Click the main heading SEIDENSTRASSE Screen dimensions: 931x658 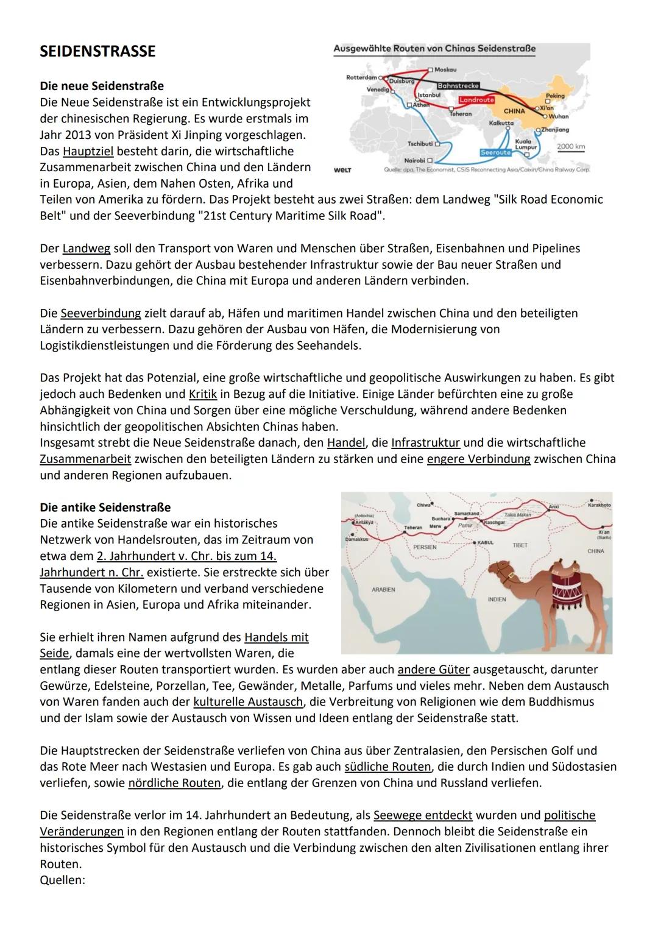[x=97, y=51]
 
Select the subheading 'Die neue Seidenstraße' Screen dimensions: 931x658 [x=102, y=86]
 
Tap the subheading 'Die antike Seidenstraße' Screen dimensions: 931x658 [x=105, y=507]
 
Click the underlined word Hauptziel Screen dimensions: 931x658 [x=88, y=151]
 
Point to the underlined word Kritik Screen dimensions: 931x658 [x=203, y=394]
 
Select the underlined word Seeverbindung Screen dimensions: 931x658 [x=101, y=313]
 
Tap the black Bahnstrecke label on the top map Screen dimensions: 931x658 [x=458, y=86]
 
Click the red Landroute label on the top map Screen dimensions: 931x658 [x=476, y=100]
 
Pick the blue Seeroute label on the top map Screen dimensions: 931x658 [x=495, y=152]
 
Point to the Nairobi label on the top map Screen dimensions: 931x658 [x=415, y=160]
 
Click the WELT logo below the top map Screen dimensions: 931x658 [x=342, y=170]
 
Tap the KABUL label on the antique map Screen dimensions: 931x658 [x=485, y=542]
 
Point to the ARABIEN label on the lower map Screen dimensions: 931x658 [x=383, y=590]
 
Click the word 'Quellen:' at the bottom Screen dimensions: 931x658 [x=62, y=880]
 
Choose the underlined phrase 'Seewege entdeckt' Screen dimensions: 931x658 [x=423, y=815]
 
